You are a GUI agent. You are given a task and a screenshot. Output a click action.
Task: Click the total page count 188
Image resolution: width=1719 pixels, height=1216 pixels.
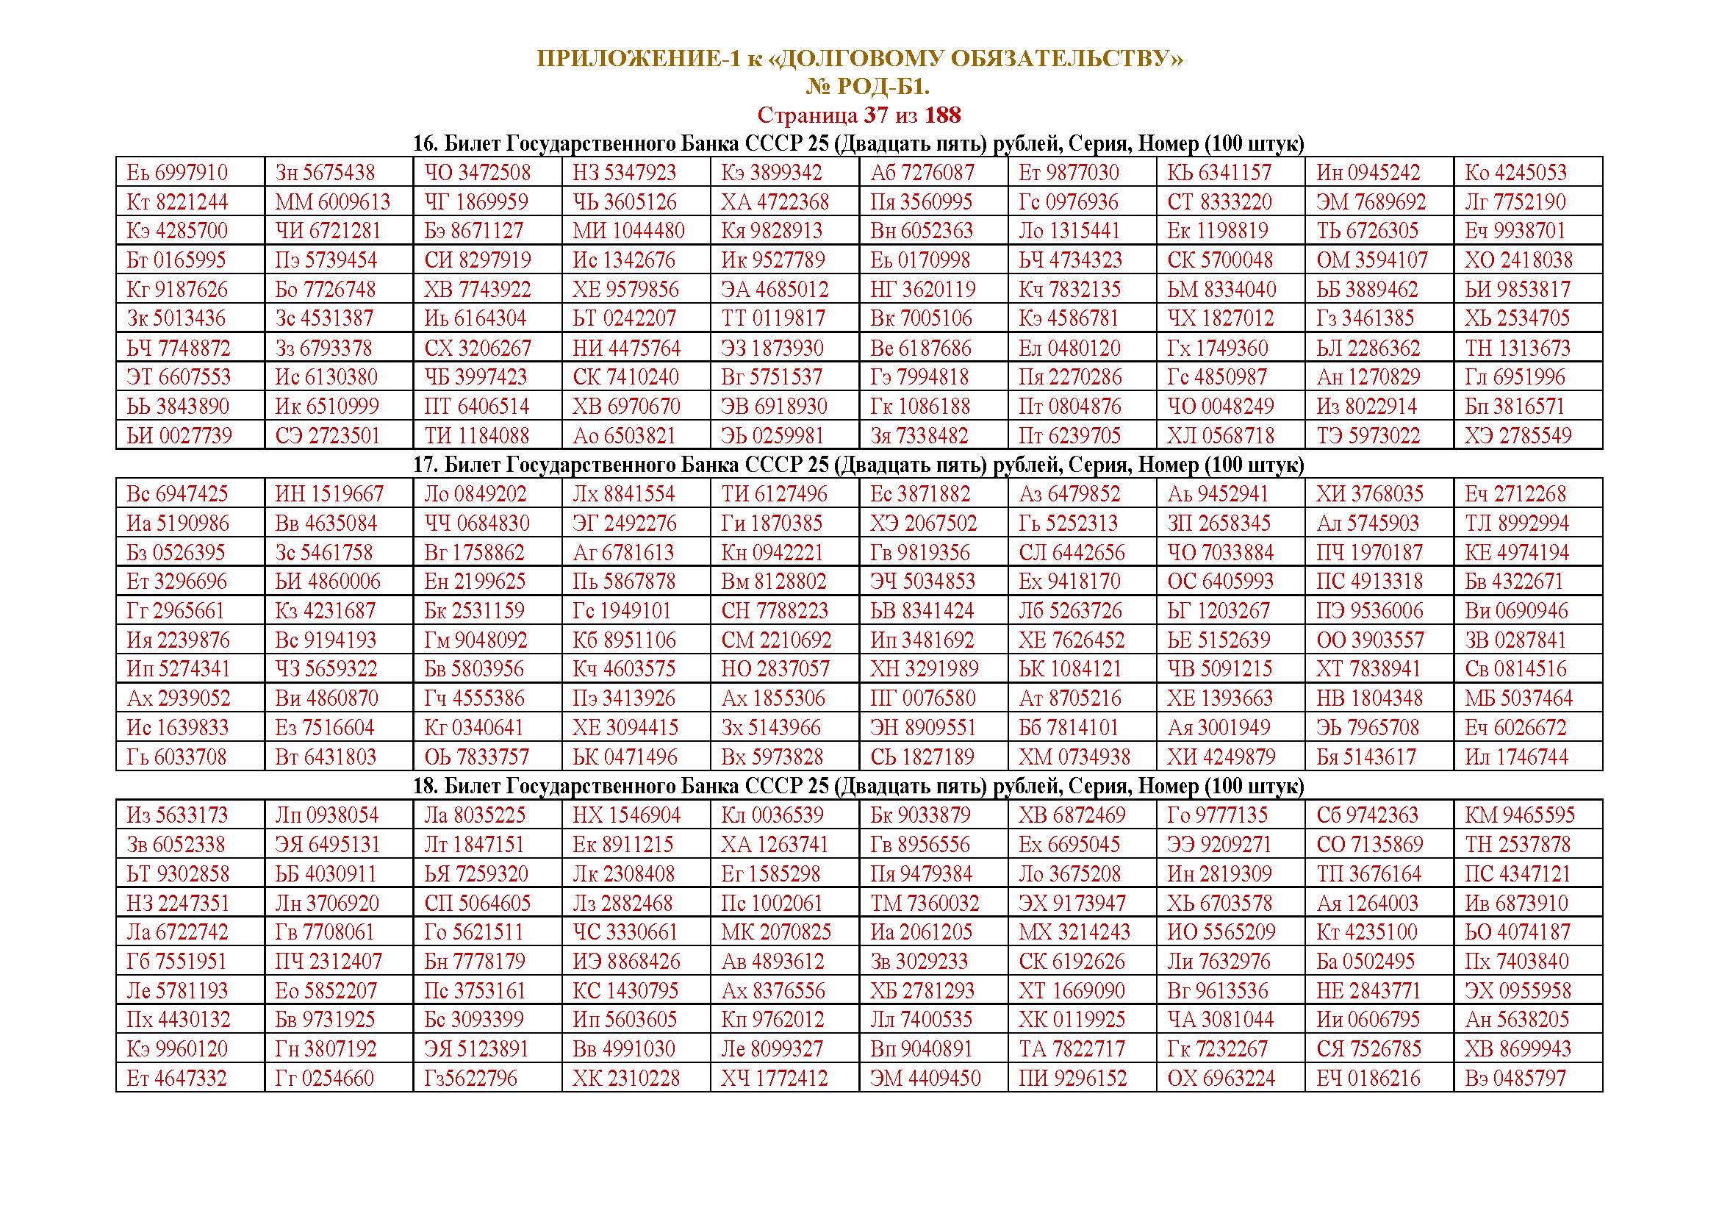coord(943,115)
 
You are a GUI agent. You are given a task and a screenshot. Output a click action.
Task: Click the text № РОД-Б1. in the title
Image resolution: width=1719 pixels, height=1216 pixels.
coord(868,87)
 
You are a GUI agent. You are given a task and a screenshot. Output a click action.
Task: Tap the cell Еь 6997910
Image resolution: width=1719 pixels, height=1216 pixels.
coord(177,173)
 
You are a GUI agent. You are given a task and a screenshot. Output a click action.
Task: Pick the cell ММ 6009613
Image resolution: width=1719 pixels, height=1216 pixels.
coord(332,202)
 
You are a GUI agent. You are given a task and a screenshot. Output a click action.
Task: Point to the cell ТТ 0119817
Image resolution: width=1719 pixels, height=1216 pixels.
coord(773,318)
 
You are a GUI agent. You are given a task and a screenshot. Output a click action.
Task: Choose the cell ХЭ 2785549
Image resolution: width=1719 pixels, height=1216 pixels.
coord(1518,436)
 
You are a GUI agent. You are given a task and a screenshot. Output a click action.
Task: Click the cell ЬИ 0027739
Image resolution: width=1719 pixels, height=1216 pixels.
coord(179,436)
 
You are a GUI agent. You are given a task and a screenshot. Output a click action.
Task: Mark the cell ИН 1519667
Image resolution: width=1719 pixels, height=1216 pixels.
coord(329,494)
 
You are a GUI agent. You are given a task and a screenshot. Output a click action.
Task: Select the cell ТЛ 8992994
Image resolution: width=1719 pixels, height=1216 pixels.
coord(1517,523)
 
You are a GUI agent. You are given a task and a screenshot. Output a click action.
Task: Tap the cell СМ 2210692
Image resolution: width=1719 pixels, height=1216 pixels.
coord(776,640)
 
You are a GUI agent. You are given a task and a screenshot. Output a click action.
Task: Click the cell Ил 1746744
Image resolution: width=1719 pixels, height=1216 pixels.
coord(1516,757)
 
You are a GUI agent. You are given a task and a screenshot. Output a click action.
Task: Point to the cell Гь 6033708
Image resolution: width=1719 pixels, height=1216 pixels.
coord(176,757)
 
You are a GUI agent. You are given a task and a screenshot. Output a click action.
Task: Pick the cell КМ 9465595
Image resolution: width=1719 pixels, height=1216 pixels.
coord(1520,815)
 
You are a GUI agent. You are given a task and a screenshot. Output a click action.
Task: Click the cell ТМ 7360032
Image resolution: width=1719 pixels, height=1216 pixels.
coord(925,903)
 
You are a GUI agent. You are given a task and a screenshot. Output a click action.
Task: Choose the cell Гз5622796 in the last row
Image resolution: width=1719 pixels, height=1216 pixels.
coord(470,1079)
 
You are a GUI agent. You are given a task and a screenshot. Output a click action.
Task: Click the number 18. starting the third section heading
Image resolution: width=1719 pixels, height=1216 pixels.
coord(426,786)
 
